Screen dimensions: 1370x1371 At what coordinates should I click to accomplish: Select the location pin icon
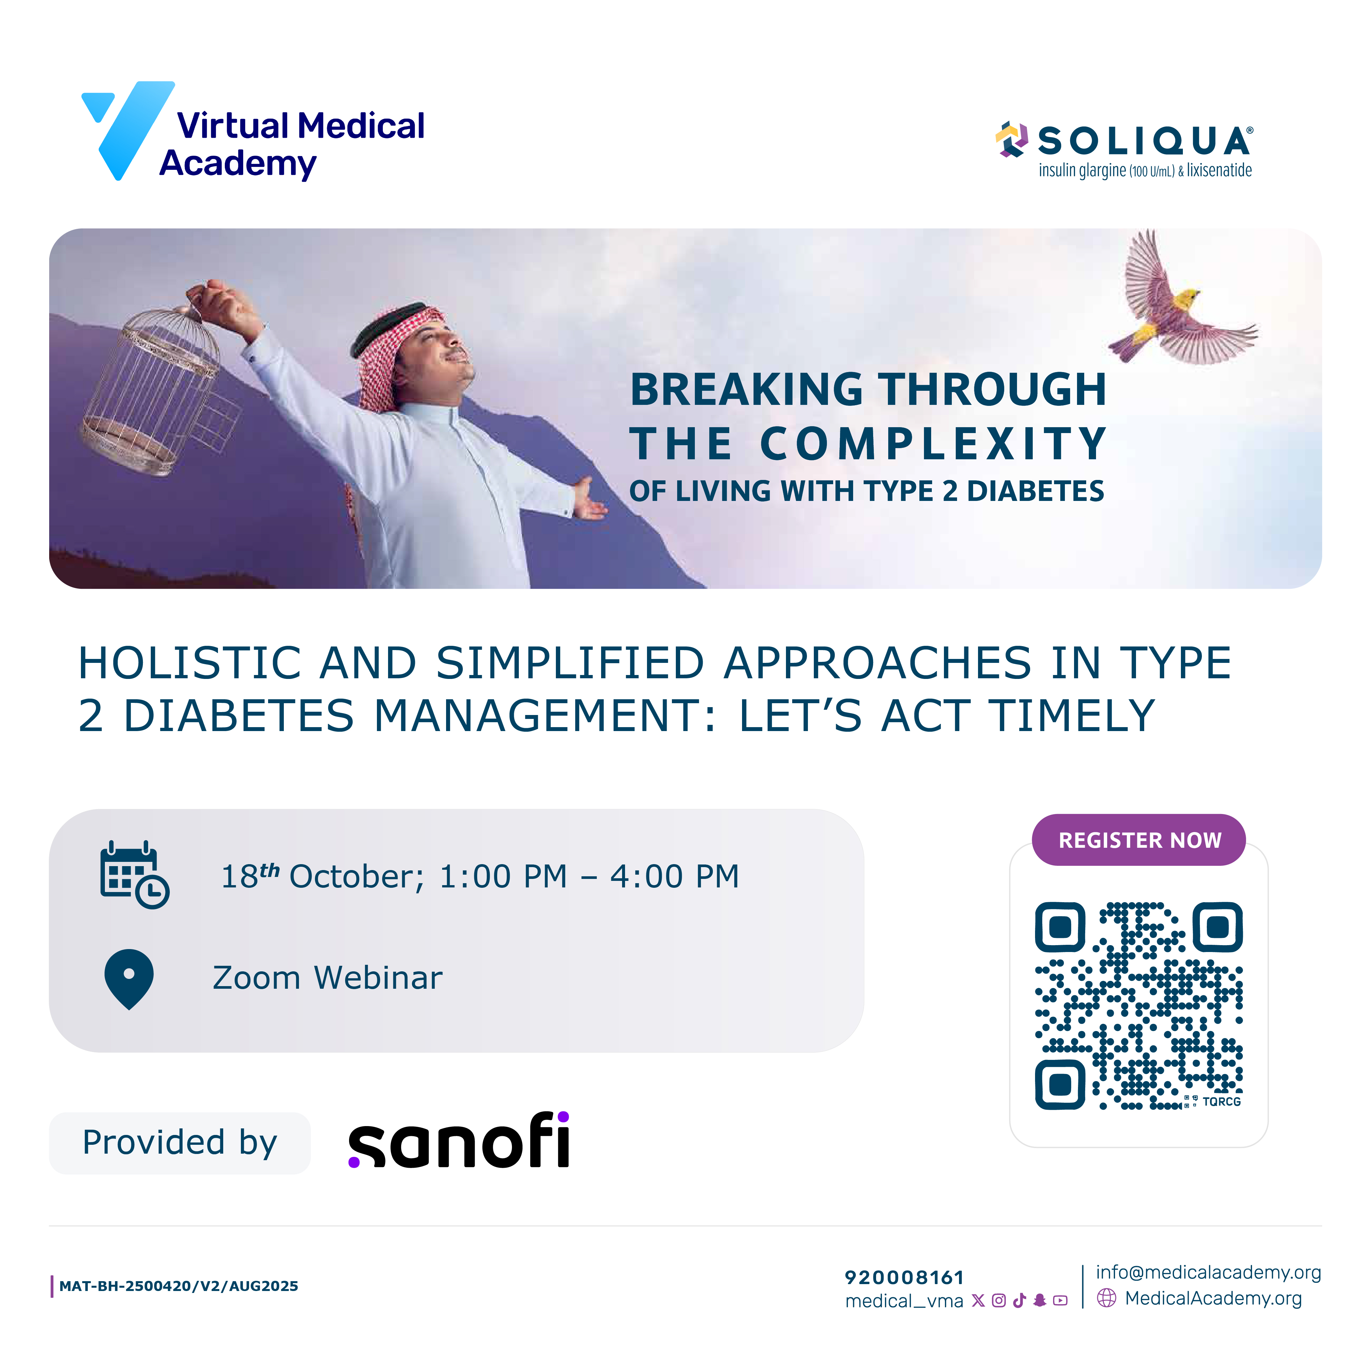pyautogui.click(x=129, y=978)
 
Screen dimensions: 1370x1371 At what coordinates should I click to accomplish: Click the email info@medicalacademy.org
pyautogui.click(x=1208, y=1272)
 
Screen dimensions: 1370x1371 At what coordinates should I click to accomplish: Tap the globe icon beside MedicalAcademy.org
pyautogui.click(x=1106, y=1298)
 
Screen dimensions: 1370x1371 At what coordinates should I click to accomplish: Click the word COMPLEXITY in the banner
pyautogui.click(x=933, y=444)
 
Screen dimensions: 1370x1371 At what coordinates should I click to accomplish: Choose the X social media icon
pyautogui.click(x=978, y=1301)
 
